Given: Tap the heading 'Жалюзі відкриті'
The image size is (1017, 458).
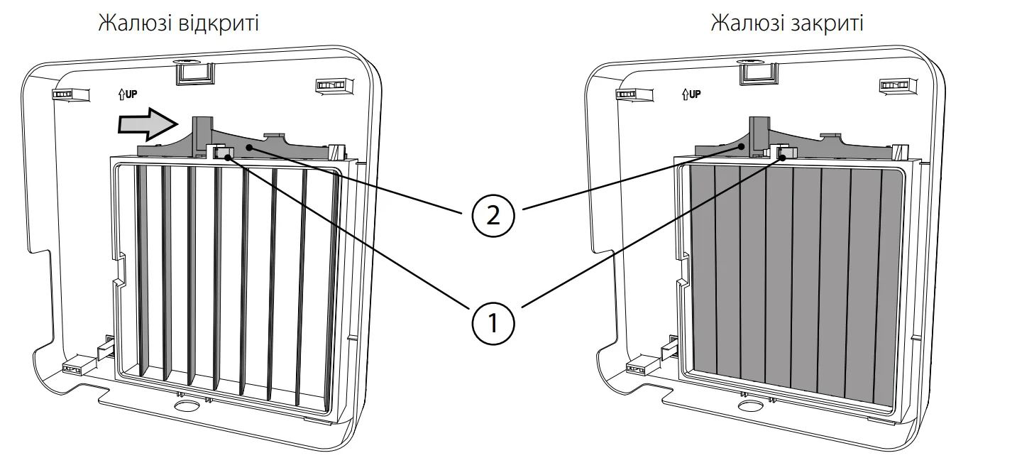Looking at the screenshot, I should [177, 23].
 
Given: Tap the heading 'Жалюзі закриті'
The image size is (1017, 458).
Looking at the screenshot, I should [787, 23].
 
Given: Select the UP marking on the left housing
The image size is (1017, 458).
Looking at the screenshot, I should [127, 93].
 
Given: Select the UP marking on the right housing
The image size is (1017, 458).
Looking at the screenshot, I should [691, 93].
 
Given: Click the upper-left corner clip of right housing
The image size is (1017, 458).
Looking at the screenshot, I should [627, 93].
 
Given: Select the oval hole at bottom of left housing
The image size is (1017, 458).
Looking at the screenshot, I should [186, 407].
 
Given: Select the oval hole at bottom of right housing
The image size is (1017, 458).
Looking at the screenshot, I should [749, 407].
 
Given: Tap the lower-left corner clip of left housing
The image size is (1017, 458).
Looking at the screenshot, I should [75, 368].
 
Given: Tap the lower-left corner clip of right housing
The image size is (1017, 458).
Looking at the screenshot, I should [638, 368].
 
